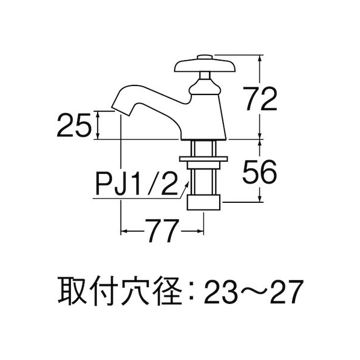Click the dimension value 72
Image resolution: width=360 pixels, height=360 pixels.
pyautogui.click(x=259, y=99)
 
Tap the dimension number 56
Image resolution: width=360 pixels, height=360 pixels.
pyautogui.click(x=259, y=172)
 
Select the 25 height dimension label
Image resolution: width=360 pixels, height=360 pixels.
pyautogui.click(x=73, y=126)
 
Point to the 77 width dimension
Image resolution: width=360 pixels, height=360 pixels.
pyautogui.click(x=162, y=231)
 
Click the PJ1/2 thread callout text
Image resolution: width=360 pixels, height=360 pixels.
pyautogui.click(x=137, y=184)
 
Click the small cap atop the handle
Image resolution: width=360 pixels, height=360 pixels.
pyautogui.click(x=205, y=57)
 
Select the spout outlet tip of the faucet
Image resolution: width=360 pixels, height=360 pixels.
pyautogui.click(x=120, y=111)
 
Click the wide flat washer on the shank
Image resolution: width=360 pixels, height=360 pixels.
pyautogui.click(x=203, y=159)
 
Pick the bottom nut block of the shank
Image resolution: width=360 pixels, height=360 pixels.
pyautogui.click(x=203, y=202)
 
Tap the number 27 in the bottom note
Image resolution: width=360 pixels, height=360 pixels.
pyautogui.click(x=285, y=291)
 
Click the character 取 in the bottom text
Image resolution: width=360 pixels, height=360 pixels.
pyautogui.click(x=72, y=291)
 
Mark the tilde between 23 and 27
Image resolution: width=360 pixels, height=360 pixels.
pyautogui.click(x=253, y=292)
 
